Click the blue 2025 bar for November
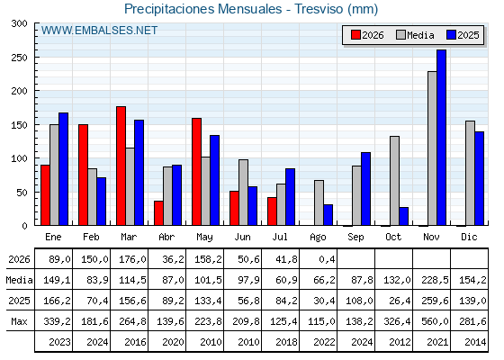pos(441,138)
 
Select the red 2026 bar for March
pos(121,166)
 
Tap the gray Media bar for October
pos(394,181)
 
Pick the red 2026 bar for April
pos(158,213)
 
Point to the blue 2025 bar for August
pos(328,215)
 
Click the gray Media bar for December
pos(470,173)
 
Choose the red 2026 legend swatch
pos(355,35)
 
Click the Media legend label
pos(420,35)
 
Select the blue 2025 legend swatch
pos(451,35)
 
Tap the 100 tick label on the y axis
pos(19,158)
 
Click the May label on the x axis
pos(204,238)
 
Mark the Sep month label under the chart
pos(355,238)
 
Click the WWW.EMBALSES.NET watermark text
pos(99,31)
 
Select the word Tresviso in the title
pos(319,9)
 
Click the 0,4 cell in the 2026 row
pos(328,259)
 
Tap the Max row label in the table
pos(19,321)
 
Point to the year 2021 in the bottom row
pos(437,342)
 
